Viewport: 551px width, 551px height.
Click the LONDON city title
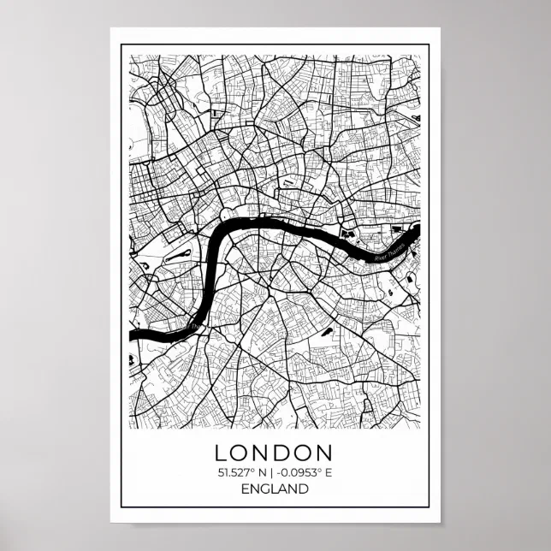(x=274, y=452)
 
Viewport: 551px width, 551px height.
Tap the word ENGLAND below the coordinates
(x=274, y=489)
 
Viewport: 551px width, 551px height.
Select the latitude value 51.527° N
(x=242, y=471)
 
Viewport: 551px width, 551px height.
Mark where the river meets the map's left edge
(x=131, y=335)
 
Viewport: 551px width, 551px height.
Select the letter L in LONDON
(x=221, y=452)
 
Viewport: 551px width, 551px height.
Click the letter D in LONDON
(x=284, y=452)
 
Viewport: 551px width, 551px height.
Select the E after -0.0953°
(x=328, y=471)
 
